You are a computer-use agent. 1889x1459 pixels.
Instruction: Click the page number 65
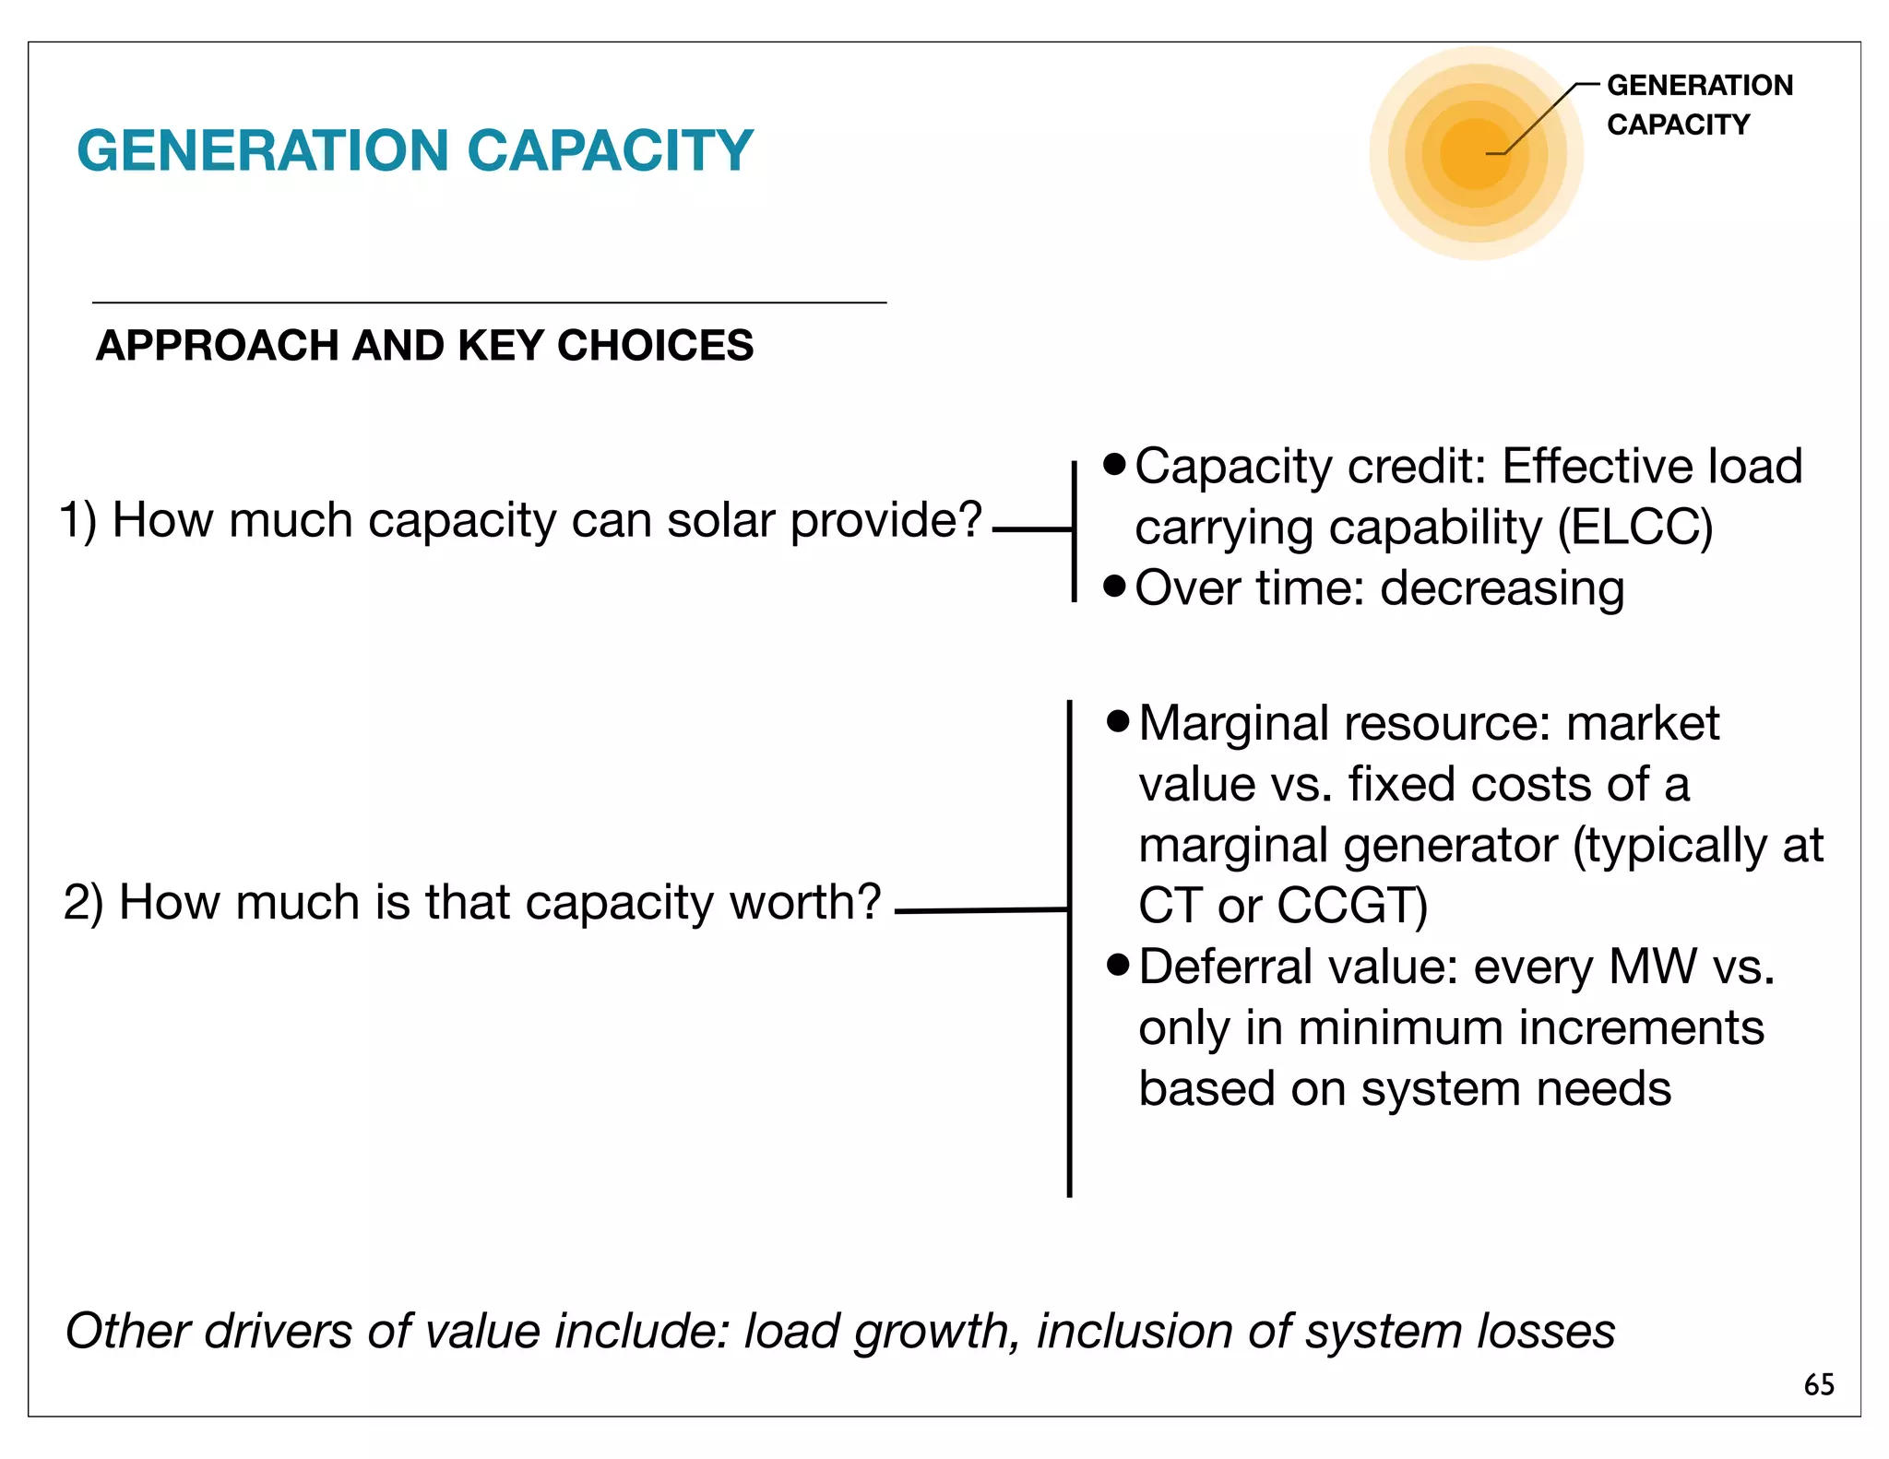coord(1819,1384)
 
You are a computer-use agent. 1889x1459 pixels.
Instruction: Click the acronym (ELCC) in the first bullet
coord(1634,528)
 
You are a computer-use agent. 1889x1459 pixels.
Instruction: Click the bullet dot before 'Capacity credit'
coord(1114,464)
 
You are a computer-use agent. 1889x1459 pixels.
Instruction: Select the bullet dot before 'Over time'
coord(1114,586)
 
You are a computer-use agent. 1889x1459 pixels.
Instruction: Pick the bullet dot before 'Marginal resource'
coord(1118,720)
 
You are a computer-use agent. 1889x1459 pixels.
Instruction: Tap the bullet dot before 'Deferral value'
coord(1118,965)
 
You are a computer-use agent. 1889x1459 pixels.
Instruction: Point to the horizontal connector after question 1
coord(1031,529)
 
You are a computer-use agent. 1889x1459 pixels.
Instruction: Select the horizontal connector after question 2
coord(980,910)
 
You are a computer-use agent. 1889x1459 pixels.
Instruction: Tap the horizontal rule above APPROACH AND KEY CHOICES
coord(489,302)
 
